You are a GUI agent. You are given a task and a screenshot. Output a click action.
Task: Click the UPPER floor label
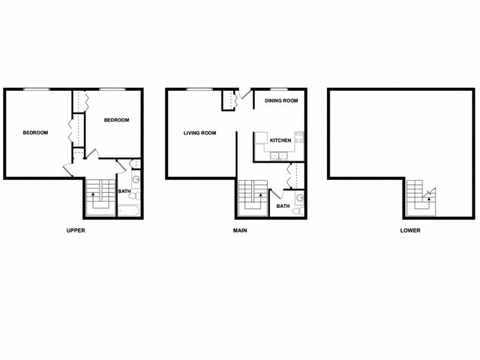point(76,230)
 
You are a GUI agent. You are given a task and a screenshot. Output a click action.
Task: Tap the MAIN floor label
point(239,230)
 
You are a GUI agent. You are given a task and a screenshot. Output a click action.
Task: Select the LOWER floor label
point(410,230)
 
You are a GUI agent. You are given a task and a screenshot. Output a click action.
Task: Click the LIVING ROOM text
point(200,133)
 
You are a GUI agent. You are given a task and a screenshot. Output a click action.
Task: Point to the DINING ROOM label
point(282,100)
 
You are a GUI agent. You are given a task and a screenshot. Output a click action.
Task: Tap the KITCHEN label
point(280,140)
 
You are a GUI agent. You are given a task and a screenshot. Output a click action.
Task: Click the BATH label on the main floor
point(283,206)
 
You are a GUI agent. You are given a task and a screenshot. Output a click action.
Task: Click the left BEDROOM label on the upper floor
point(35,133)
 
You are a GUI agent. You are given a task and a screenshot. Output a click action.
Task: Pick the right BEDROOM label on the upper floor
point(116,120)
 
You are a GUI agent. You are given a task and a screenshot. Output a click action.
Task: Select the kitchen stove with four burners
point(299,137)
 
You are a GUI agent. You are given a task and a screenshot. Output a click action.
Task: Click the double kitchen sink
point(280,157)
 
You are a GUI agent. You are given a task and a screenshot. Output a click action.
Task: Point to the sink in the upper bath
point(135,180)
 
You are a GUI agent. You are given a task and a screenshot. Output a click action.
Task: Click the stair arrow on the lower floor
point(425,196)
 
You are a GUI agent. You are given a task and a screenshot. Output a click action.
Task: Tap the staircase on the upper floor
point(99,198)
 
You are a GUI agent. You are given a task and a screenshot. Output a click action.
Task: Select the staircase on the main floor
point(252,198)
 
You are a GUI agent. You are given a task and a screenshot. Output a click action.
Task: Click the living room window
point(197,89)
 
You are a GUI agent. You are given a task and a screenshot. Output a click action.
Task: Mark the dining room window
point(281,89)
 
